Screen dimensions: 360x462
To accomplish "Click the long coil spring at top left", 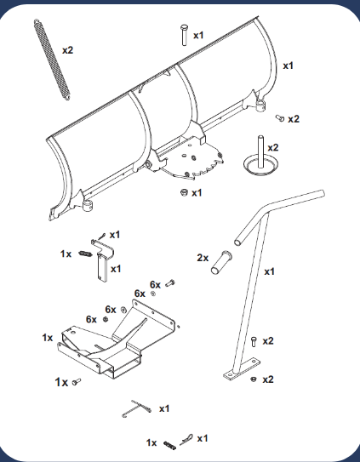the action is click(52, 60).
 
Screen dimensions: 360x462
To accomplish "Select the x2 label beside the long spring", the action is click(67, 50).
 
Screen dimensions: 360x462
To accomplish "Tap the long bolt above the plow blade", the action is click(185, 35).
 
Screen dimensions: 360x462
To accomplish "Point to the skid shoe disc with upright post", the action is click(259, 161).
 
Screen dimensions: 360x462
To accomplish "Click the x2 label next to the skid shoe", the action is click(273, 147).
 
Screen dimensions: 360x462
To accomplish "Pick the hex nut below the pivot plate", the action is click(184, 192).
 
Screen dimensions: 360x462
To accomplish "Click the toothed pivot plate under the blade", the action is click(190, 161).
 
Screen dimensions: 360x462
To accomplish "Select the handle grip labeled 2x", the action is click(221, 262).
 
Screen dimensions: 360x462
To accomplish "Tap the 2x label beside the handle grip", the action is click(203, 258).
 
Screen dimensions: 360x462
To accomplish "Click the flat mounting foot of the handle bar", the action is click(242, 369).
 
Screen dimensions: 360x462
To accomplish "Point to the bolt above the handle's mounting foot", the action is click(254, 342).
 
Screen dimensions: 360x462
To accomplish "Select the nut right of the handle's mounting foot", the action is click(253, 379).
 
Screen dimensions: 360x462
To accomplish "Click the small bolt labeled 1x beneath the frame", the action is click(77, 382).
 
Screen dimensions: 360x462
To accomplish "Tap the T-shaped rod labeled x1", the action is click(137, 408).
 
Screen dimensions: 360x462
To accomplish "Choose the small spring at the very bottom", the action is click(170, 445).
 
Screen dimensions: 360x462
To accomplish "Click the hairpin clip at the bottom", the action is click(186, 440).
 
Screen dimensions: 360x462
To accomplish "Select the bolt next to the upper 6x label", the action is click(170, 283).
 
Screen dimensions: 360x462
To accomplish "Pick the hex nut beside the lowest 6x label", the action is click(105, 319).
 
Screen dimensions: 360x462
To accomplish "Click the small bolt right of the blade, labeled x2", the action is click(280, 118).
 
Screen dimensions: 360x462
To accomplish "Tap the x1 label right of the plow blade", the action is click(288, 66).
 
